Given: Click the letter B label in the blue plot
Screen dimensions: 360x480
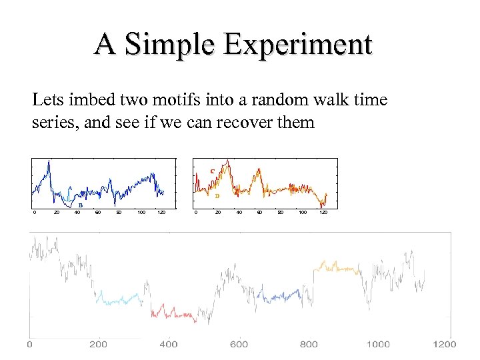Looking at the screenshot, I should click(81, 205).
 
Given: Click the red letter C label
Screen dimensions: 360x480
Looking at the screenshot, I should click(212, 171).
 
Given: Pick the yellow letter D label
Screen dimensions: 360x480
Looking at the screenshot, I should click(217, 196).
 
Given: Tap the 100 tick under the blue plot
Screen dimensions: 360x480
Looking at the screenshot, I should click(141, 213).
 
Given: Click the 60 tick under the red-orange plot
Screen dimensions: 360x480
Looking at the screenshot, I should click(259, 213).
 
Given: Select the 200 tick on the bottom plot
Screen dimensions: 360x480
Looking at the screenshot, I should click(98, 344).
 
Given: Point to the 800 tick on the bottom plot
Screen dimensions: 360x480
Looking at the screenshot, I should click(309, 344).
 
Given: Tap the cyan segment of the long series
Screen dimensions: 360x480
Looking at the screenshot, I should click(119, 301).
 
